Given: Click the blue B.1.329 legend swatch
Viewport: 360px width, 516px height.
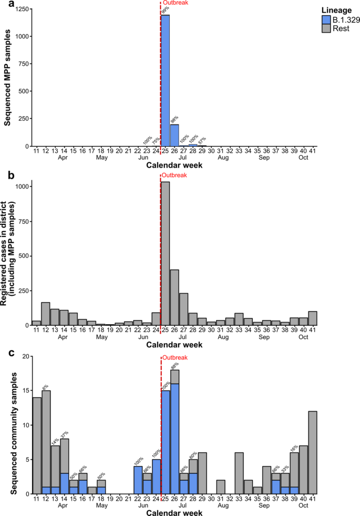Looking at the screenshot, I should click(x=326, y=19).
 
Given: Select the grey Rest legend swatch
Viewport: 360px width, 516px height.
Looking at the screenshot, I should click(x=326, y=28).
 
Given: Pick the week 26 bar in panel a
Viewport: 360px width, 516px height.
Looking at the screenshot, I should click(x=174, y=135).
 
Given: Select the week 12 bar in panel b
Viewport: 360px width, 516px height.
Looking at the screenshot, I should click(x=46, y=314).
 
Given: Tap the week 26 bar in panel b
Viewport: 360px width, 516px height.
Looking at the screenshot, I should click(x=174, y=297).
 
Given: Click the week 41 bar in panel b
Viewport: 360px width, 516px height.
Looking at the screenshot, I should click(x=312, y=318).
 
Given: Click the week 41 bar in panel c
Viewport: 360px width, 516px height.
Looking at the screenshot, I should click(x=312, y=452).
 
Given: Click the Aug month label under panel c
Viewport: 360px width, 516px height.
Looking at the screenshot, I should click(x=222, y=506).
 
